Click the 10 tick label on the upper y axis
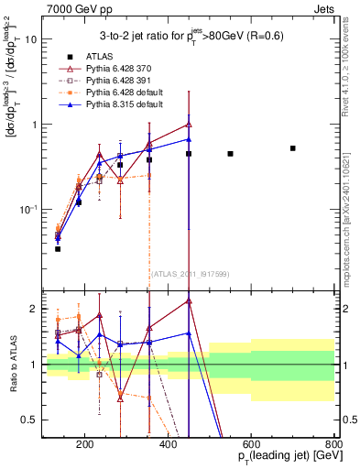pyautogui.click(x=31, y=39)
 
